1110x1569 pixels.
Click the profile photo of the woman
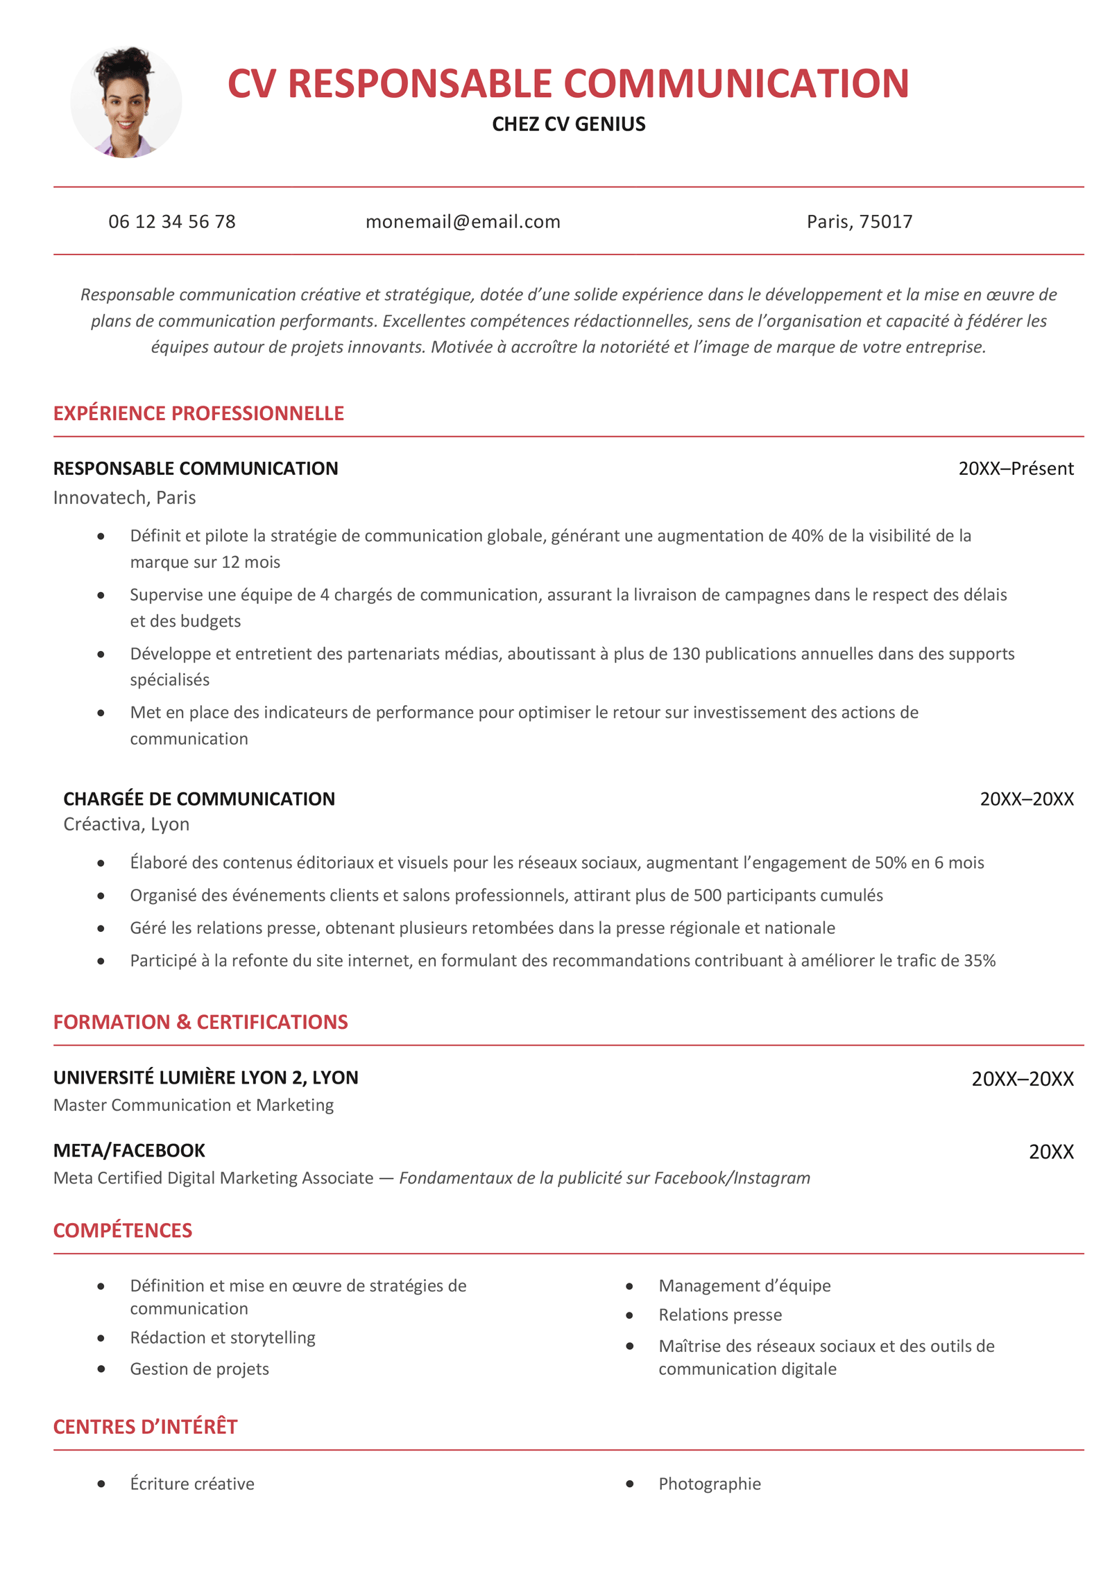126,102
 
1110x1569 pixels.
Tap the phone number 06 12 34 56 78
172,222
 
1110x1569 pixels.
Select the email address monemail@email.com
463,222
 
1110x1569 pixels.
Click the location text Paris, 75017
859,222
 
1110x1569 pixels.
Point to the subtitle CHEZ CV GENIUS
568,124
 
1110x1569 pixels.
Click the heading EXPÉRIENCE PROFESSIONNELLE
198,413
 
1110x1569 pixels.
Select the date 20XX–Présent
1015,469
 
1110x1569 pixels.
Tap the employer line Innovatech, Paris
125,498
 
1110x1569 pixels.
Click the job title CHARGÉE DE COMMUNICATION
199,799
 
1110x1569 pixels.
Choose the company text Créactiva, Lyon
126,824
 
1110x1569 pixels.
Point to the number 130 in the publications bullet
685,654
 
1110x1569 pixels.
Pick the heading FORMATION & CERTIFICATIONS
200,1022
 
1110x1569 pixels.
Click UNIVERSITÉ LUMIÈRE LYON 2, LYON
206,1077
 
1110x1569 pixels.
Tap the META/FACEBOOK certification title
129,1150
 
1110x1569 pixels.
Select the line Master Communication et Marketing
194,1105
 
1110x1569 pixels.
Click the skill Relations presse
720,1315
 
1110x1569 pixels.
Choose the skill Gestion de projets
200,1369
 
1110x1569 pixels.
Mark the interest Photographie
710,1484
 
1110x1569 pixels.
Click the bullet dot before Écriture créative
101,1484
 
